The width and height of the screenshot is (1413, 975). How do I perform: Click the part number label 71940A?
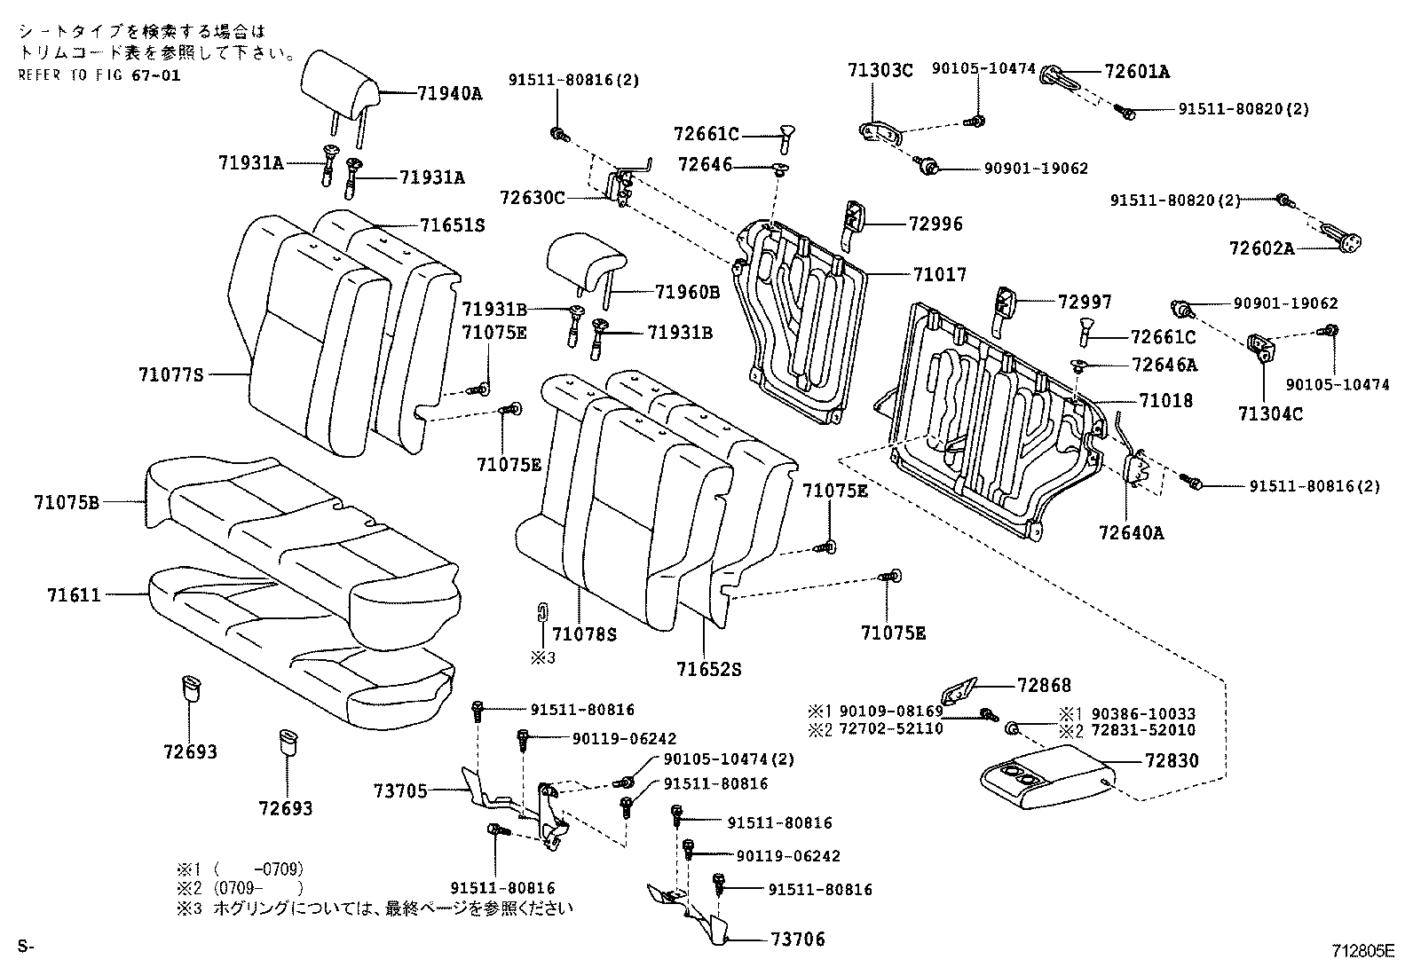449,92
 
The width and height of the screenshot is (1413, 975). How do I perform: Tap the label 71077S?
171,375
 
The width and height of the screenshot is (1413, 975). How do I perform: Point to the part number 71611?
74,595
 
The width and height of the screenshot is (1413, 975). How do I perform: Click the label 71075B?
67,503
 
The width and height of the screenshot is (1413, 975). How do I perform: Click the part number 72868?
1044,686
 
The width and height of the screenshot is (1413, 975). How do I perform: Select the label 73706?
793,940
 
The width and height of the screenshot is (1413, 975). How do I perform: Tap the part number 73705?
400,790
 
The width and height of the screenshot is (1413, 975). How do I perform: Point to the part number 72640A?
1131,532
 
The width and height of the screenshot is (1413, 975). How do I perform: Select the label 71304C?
1270,413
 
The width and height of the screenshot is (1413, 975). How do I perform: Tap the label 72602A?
1261,249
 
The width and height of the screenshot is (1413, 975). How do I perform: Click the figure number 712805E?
1362,950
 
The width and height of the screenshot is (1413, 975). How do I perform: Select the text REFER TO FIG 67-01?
99,75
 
